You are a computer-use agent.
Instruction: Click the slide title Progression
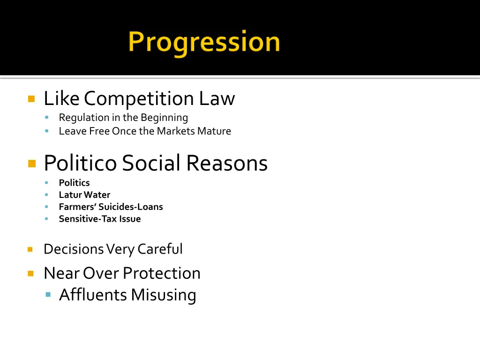click(204, 42)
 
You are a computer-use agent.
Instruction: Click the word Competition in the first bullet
click(139, 98)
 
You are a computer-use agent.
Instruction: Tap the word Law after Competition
click(216, 98)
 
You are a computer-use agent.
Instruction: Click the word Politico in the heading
click(80, 163)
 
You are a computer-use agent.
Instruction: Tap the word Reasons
click(226, 163)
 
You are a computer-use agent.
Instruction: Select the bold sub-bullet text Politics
click(74, 183)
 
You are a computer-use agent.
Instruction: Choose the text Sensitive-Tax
click(87, 219)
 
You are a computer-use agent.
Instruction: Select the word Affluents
click(93, 295)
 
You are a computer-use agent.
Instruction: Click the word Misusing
click(163, 295)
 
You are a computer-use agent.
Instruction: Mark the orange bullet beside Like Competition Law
click(31, 99)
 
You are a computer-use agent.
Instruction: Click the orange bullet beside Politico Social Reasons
click(31, 164)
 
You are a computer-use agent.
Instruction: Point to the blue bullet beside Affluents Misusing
click(48, 295)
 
